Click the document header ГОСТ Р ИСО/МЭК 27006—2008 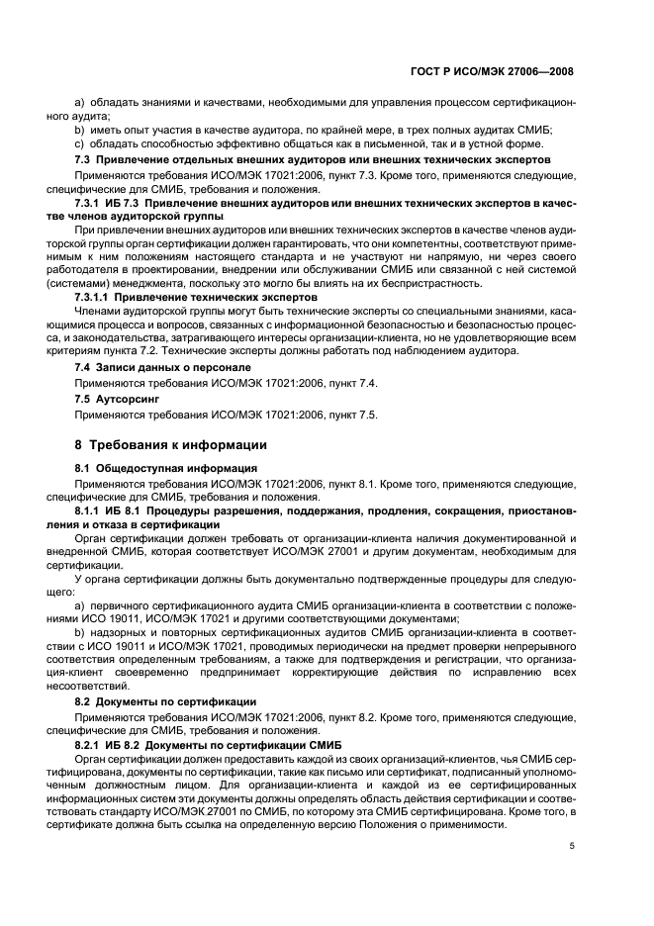pos(502,71)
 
